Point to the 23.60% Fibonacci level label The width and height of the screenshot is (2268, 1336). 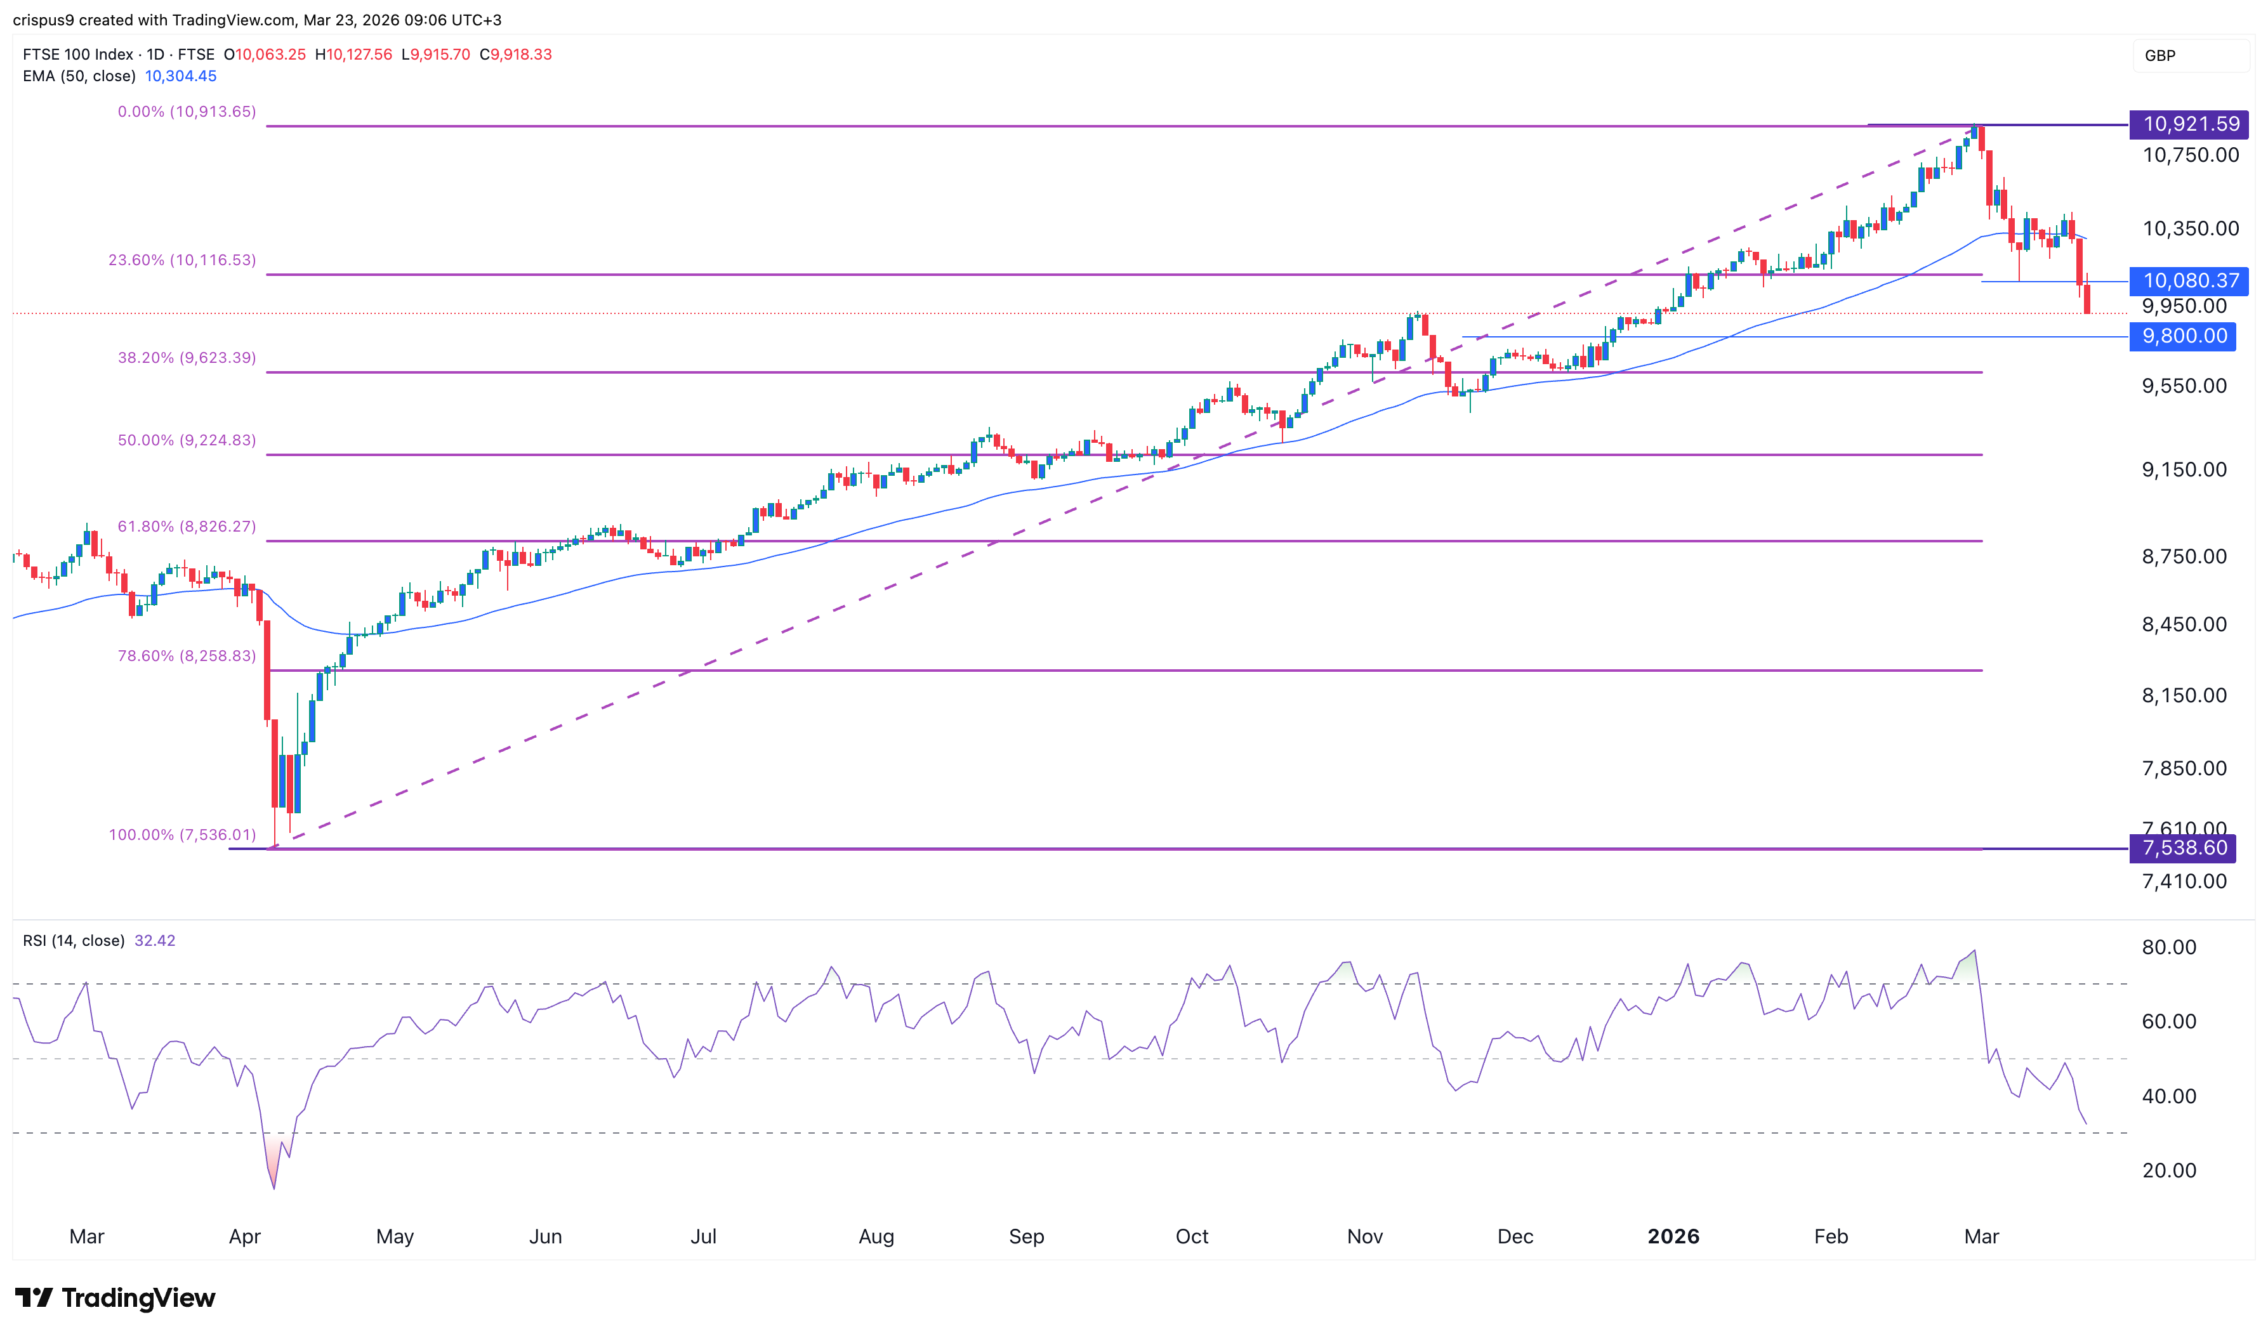point(182,260)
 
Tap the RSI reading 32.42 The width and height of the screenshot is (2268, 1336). point(154,941)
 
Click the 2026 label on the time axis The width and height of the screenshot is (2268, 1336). point(1673,1237)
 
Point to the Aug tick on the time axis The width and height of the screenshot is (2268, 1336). point(876,1237)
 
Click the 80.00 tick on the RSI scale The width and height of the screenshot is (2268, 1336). point(2168,947)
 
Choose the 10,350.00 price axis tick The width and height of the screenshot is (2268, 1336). point(2190,228)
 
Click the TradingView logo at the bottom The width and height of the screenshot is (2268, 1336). point(115,1297)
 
